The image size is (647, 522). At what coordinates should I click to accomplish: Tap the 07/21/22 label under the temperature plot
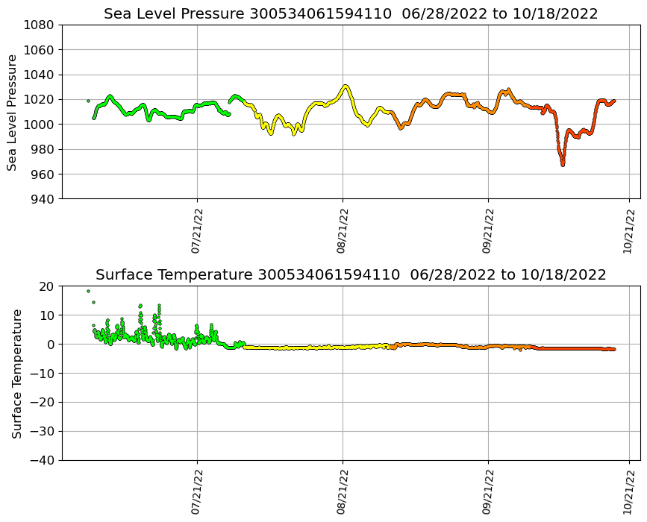[x=198, y=493]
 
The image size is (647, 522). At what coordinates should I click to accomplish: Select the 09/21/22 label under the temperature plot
[x=488, y=493]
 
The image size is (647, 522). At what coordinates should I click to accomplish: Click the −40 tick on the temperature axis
[x=43, y=460]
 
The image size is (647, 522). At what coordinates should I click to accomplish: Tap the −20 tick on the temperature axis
[x=43, y=402]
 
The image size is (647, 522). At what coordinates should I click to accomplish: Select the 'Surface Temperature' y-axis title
[x=16, y=373]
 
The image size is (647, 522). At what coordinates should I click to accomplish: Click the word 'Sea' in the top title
[x=118, y=14]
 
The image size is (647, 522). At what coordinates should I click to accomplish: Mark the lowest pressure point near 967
[x=563, y=164]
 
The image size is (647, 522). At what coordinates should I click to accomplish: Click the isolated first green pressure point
[x=88, y=101]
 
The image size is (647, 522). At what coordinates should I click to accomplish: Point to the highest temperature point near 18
[x=88, y=291]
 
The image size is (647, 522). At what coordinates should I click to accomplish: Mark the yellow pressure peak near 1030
[x=345, y=87]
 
